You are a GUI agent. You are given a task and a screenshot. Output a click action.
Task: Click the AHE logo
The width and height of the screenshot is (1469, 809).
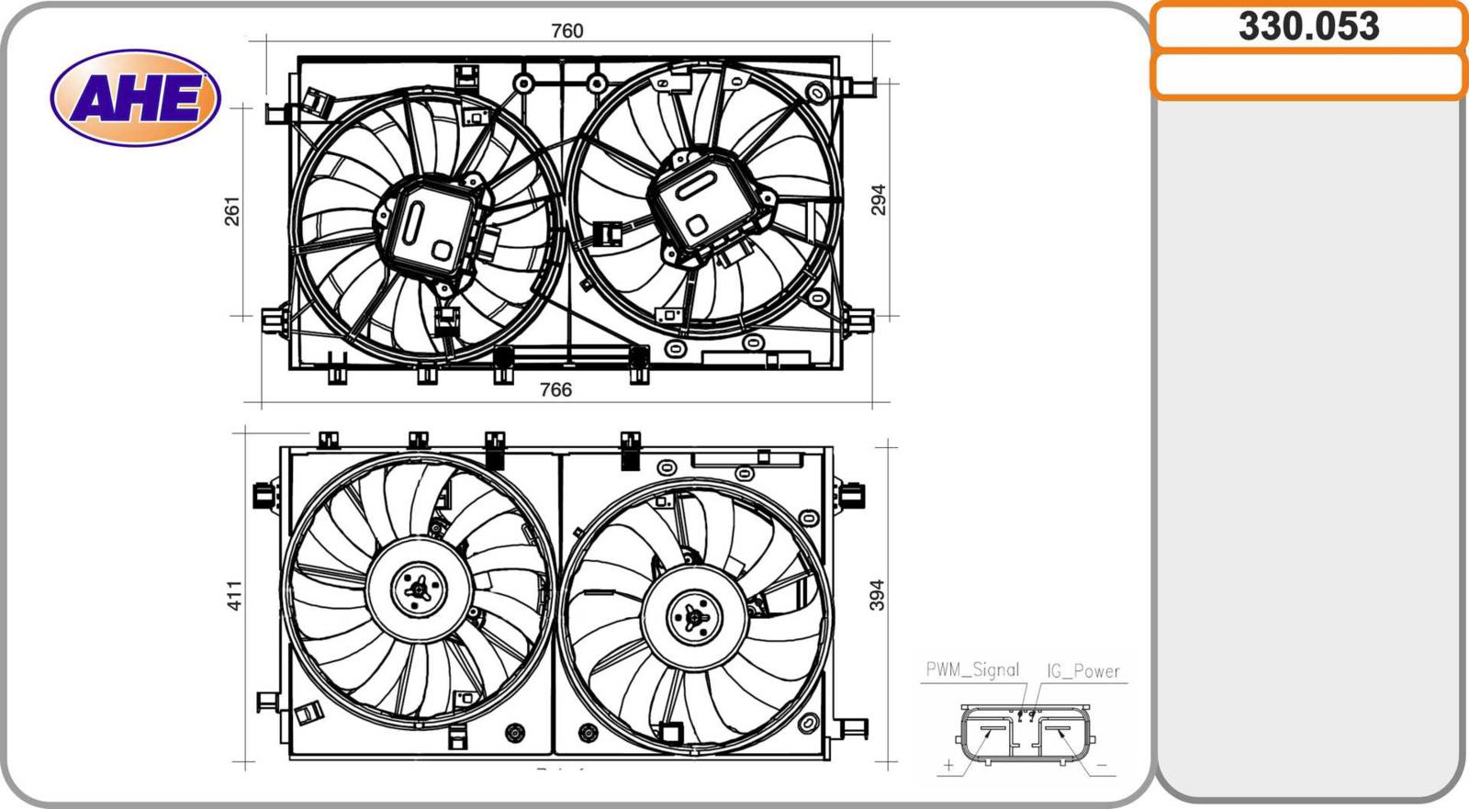[136, 97]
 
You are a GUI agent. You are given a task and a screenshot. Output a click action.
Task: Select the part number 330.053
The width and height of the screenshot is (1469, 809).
[1308, 27]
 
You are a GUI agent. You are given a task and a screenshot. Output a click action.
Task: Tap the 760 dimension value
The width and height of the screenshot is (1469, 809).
[566, 31]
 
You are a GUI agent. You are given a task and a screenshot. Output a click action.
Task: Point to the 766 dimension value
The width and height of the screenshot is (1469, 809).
[555, 389]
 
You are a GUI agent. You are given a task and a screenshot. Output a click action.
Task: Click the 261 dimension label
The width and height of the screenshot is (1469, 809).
[233, 211]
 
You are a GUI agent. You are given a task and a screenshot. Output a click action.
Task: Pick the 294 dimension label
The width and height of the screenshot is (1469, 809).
[878, 200]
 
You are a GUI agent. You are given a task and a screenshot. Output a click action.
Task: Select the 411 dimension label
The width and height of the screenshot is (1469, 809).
[235, 596]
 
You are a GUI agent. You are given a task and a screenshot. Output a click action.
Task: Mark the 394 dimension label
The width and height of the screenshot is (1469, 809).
[877, 595]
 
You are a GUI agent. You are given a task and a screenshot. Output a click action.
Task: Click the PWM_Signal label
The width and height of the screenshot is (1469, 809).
[972, 669]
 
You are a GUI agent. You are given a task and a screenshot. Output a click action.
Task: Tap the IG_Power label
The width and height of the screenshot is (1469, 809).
[1082, 670]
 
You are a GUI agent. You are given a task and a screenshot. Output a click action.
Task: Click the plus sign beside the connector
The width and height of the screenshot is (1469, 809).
[948, 765]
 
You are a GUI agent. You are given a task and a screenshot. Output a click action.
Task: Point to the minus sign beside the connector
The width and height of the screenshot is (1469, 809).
[1101, 765]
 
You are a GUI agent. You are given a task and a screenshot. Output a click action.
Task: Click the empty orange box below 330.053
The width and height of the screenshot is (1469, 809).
[1309, 75]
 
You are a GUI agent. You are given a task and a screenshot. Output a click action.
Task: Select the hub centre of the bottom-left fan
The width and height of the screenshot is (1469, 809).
[419, 590]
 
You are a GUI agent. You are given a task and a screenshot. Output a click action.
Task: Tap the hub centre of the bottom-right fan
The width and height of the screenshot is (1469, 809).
[694, 617]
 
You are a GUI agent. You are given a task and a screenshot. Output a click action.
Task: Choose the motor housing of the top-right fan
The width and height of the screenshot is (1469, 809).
[708, 204]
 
